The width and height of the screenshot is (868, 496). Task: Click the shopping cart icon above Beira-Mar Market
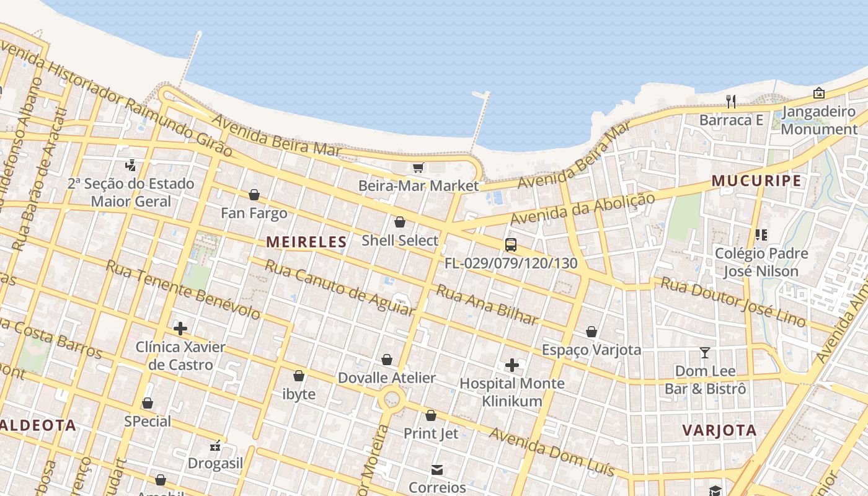click(418, 168)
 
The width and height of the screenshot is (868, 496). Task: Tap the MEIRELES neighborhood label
click(306, 242)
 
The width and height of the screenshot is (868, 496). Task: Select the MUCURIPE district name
click(756, 181)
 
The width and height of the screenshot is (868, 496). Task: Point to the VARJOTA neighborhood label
click(719, 430)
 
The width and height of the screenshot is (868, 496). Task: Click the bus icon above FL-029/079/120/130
click(510, 245)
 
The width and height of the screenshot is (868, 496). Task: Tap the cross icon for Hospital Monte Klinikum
click(511, 365)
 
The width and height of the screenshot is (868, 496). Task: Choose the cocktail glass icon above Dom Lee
click(705, 353)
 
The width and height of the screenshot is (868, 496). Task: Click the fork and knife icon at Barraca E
click(731, 102)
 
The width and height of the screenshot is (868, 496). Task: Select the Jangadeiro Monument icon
click(818, 94)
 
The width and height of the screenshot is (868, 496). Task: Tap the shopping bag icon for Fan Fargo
click(254, 195)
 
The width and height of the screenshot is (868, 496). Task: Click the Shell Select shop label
click(400, 240)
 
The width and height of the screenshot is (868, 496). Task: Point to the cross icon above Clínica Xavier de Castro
click(180, 329)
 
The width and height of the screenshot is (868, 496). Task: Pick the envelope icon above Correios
click(437, 470)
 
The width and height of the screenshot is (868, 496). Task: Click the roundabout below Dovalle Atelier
click(392, 399)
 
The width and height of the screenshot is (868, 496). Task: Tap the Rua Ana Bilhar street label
click(487, 304)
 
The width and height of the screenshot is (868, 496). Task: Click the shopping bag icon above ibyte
click(299, 376)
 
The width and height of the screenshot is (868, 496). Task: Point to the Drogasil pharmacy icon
click(215, 445)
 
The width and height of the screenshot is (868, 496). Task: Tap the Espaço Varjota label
click(591, 350)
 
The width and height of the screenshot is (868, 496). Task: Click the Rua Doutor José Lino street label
click(733, 301)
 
